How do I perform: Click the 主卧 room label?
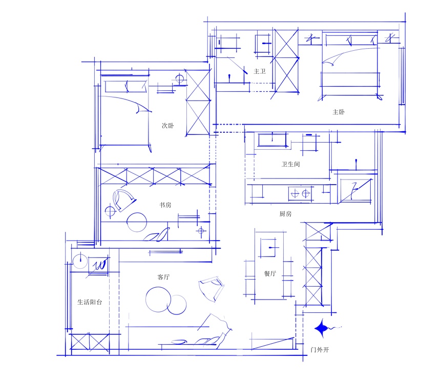tap(339, 112)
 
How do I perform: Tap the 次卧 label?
tap(168, 126)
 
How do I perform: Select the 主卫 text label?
tap(260, 71)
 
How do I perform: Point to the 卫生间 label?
tap(291, 164)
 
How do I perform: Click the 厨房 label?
tap(285, 214)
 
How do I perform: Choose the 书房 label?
tap(165, 205)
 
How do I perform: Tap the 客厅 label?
tap(163, 277)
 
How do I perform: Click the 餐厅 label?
tap(270, 273)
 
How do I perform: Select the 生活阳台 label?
tap(90, 302)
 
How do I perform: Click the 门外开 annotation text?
tap(320, 350)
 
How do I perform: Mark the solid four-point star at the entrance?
tap(322, 328)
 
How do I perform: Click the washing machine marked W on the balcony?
tap(98, 265)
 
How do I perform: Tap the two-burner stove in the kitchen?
tap(300, 193)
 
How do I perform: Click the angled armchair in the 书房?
tap(123, 201)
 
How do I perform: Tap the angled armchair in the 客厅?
tap(212, 289)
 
